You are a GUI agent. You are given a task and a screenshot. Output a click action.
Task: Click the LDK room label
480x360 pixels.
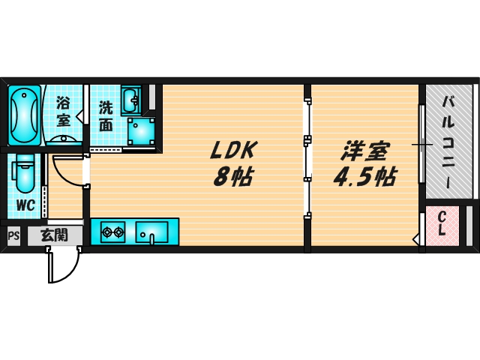232,151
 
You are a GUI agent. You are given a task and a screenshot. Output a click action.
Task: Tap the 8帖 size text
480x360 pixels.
232,178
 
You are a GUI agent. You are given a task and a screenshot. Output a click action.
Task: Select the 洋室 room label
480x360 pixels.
364,151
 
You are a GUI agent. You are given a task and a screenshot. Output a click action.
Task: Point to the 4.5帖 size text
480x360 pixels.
365,178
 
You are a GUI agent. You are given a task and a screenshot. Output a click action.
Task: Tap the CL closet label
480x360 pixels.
442,224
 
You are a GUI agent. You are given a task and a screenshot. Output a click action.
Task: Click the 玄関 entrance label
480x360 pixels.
53,235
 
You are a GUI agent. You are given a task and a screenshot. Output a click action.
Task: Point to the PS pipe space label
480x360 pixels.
13,235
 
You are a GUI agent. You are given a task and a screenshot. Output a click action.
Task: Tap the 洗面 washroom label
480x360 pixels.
106,116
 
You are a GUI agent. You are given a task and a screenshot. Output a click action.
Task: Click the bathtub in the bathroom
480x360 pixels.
25,116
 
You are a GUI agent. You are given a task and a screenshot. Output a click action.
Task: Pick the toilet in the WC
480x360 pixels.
25,175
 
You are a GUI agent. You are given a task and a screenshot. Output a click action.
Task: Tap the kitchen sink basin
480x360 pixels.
152,232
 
